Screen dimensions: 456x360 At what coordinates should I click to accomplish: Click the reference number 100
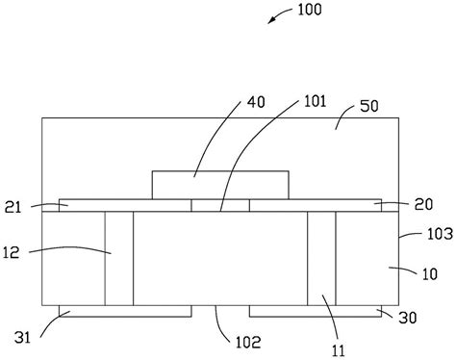pyautogui.click(x=310, y=10)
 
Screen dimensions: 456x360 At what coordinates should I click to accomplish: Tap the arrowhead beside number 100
pyautogui.click(x=271, y=20)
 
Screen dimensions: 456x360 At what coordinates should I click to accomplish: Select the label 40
pyautogui.click(x=256, y=102)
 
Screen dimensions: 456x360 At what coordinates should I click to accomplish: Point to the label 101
pyautogui.click(x=315, y=101)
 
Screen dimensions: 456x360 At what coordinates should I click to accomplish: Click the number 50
pyautogui.click(x=369, y=106)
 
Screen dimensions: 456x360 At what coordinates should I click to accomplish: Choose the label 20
pyautogui.click(x=423, y=204)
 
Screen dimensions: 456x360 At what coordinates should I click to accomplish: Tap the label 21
pyautogui.click(x=13, y=208)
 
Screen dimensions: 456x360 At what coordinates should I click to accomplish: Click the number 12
pyautogui.click(x=12, y=252)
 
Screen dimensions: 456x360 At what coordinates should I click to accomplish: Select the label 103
pyautogui.click(x=440, y=234)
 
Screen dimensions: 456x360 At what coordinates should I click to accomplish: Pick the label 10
pyautogui.click(x=430, y=274)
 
